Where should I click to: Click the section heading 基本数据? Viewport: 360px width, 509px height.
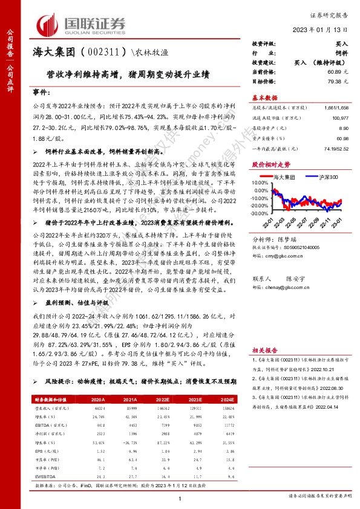point(264,97)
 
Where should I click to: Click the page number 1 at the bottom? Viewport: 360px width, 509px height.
point(180,498)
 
